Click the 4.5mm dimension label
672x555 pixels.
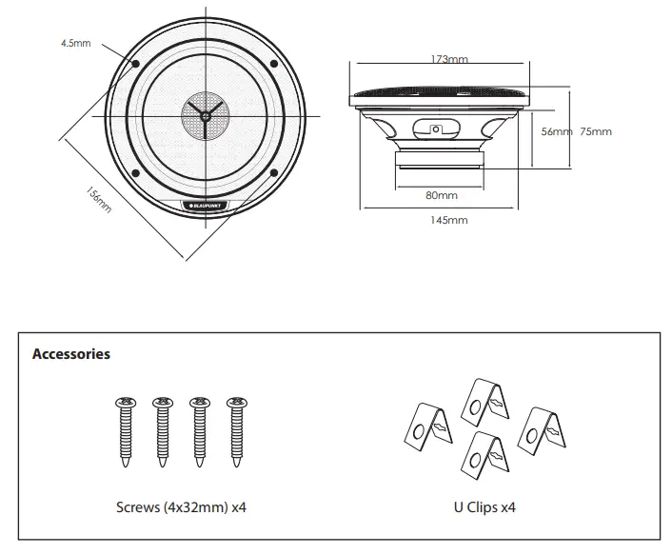[75, 44]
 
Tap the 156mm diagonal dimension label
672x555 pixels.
[98, 199]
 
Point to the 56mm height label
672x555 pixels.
[556, 132]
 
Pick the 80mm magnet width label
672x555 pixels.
[441, 195]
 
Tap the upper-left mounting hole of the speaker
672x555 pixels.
[135, 65]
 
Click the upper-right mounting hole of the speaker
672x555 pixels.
[274, 65]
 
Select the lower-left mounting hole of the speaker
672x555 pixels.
[135, 172]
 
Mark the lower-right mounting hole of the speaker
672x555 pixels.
[274, 172]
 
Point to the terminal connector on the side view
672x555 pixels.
[437, 129]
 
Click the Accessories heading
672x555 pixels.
[71, 354]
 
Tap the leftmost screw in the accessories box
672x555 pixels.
[124, 434]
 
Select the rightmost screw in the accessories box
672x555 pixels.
[234, 434]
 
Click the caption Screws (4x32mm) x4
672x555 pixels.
[181, 507]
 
